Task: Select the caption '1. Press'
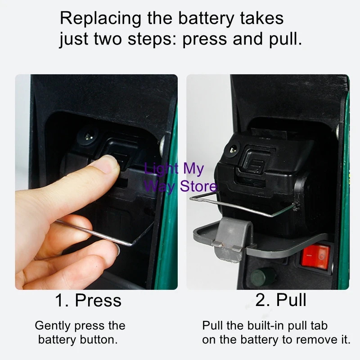click(88, 300)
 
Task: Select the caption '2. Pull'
click(281, 300)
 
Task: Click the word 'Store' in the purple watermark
click(198, 185)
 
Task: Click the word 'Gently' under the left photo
click(53, 325)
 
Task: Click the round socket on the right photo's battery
click(232, 149)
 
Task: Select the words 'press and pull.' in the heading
click(242, 39)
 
